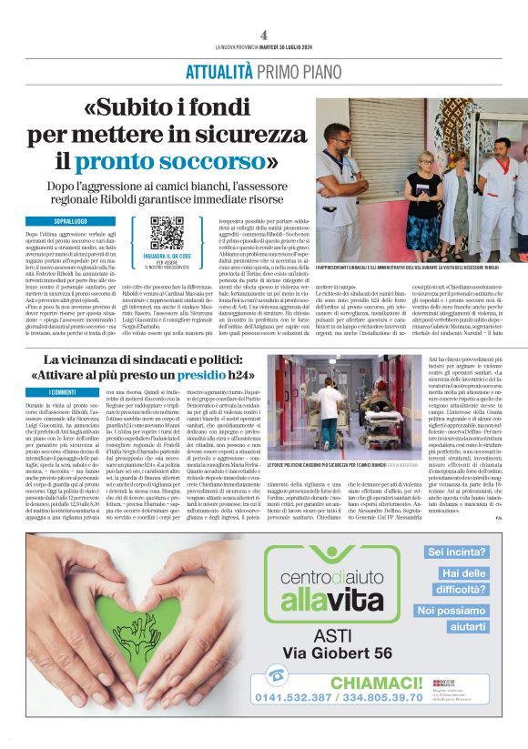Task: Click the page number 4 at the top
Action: pyautogui.click(x=263, y=35)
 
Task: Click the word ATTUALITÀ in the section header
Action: pyautogui.click(x=218, y=72)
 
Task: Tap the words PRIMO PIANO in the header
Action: pyautogui.click(x=298, y=72)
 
